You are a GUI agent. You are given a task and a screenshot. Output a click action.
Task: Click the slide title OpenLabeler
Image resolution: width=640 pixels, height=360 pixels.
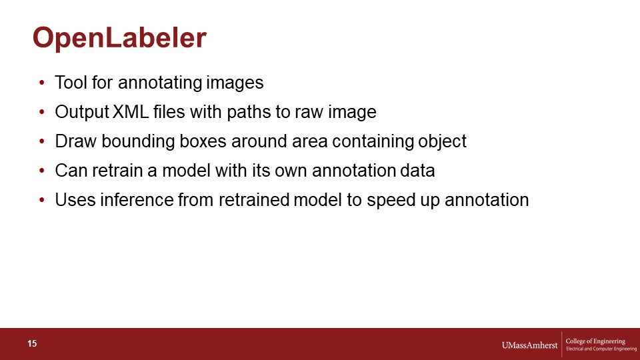119,39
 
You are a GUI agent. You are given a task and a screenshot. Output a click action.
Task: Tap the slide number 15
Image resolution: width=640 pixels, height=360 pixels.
32,344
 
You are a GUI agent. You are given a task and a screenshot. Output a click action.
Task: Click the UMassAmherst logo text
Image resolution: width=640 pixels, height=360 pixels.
529,345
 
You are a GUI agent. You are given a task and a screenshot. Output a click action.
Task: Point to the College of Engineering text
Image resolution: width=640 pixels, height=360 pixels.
595,341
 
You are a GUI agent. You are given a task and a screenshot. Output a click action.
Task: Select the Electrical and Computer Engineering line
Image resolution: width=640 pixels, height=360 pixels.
601,349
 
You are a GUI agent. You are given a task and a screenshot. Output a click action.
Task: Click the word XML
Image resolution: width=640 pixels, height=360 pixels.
131,112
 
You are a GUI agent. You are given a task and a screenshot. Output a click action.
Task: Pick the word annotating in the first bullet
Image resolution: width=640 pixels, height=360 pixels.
160,83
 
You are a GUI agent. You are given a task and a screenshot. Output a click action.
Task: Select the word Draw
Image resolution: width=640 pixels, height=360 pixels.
75,141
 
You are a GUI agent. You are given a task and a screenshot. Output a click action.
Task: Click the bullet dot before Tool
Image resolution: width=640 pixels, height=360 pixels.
41,83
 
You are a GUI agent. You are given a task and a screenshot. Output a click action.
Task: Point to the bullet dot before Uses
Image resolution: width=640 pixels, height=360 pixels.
41,200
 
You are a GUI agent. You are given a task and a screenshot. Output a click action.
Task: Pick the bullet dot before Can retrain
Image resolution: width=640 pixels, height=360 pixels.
41,171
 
